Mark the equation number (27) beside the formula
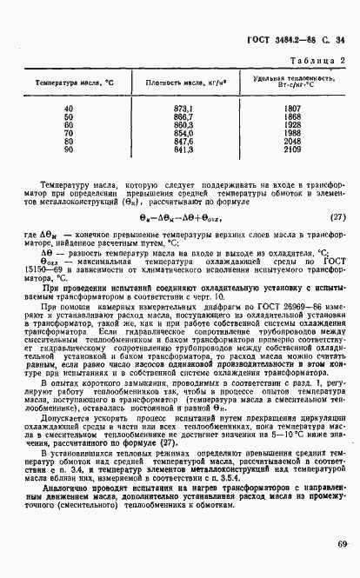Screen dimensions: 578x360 [x=337, y=217]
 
